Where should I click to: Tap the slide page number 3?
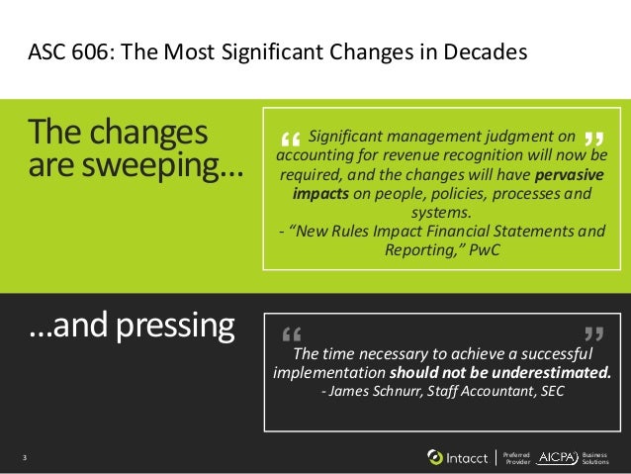pyautogui.click(x=24, y=457)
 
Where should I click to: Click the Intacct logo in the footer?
pyautogui.click(x=457, y=457)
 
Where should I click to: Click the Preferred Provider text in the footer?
pyautogui.click(x=517, y=457)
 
